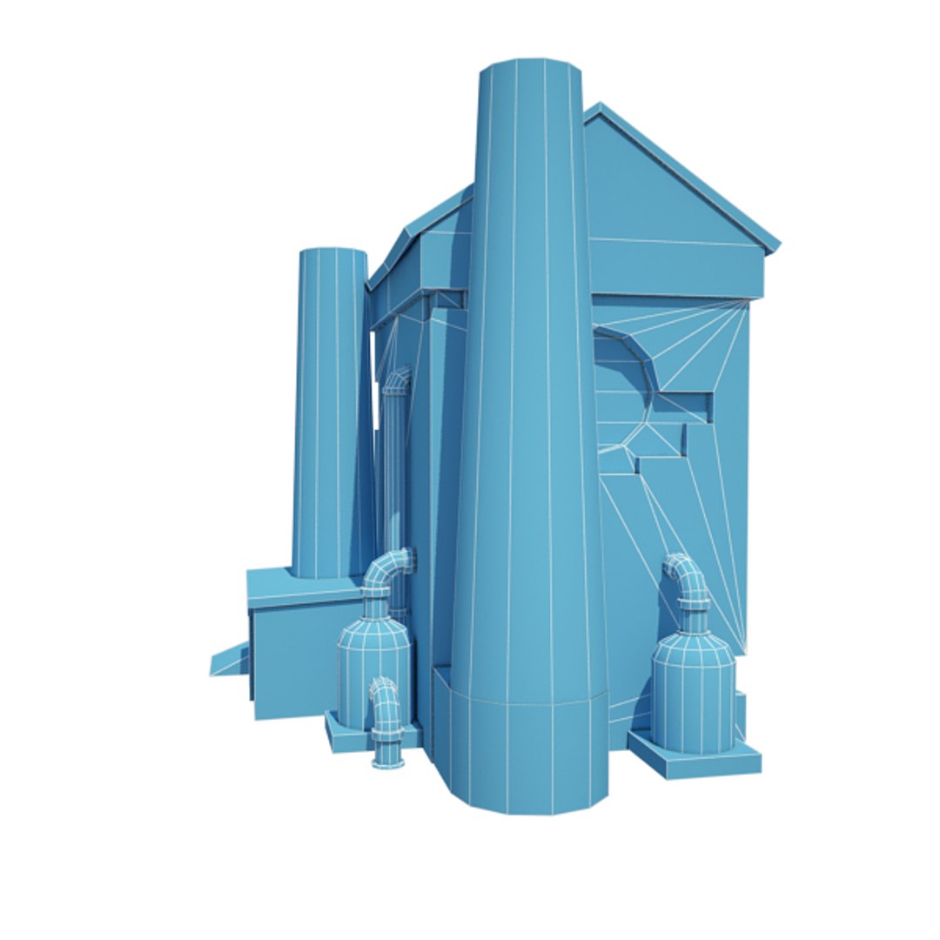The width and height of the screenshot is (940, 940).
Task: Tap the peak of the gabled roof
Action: coord(599,108)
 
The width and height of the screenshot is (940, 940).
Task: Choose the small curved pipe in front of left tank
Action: coord(384,705)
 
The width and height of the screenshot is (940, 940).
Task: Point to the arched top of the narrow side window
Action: coord(398,379)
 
